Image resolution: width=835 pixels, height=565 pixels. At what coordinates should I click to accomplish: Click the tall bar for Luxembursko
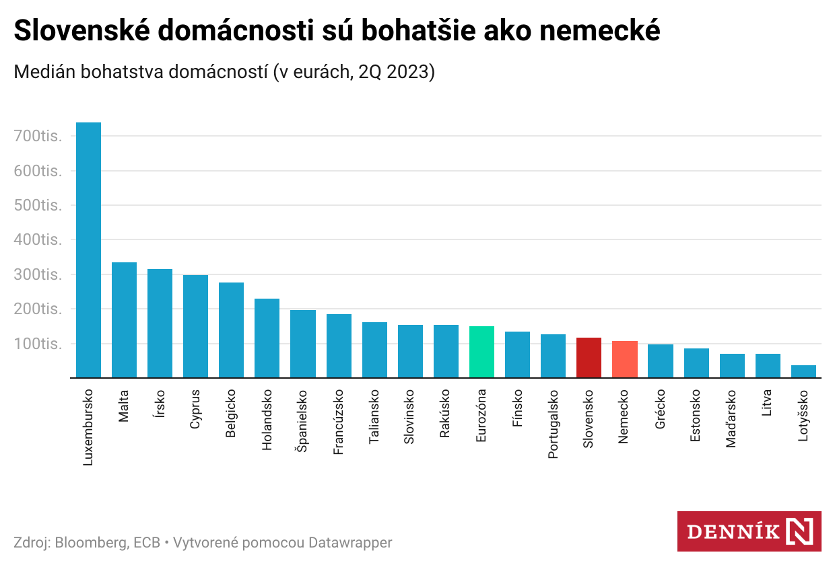[x=88, y=250]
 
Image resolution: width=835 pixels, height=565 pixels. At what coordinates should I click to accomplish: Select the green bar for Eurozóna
[x=481, y=352]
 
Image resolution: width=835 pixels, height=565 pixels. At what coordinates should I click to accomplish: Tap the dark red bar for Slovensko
[x=589, y=358]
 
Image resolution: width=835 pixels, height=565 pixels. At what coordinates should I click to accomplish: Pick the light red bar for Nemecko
[x=625, y=360]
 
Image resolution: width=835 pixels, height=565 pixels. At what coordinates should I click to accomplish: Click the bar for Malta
[x=124, y=320]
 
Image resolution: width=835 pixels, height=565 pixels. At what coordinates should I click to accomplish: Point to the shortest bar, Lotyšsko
[x=803, y=371]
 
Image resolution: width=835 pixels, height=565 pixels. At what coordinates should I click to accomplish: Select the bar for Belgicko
[x=231, y=330]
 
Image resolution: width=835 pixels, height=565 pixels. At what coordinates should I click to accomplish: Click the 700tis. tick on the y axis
[x=38, y=137]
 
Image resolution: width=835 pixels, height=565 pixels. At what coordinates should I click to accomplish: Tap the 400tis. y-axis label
[x=38, y=240]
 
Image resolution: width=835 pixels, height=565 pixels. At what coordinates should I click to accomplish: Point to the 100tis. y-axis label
[x=38, y=344]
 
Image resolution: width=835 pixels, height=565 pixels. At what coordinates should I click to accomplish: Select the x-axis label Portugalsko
[x=554, y=424]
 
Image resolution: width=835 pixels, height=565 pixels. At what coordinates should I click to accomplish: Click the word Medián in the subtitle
[x=44, y=72]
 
